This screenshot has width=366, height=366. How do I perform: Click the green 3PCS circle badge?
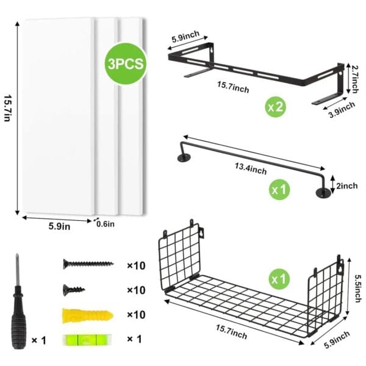126,63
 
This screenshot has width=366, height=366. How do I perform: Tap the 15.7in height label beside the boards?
8,108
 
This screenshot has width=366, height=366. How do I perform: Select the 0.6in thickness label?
106,224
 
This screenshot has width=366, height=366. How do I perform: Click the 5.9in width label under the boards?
59,226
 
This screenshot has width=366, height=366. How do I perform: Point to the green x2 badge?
276,107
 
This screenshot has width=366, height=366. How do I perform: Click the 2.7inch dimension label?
355,79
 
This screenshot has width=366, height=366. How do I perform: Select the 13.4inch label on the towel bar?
251,169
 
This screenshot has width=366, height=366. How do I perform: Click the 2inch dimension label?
347,186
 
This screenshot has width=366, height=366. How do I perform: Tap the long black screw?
88,264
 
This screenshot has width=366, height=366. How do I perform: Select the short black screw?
74,290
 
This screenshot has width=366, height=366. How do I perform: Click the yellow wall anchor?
87,316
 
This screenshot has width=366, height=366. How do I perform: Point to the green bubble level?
87,340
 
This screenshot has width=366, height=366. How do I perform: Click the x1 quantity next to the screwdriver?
39,340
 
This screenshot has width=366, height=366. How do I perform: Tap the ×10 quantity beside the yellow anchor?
136,315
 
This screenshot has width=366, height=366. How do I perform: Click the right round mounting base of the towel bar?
323,193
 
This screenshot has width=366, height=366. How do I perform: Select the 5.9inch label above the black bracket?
186,37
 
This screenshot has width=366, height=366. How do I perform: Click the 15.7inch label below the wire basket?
231,332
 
